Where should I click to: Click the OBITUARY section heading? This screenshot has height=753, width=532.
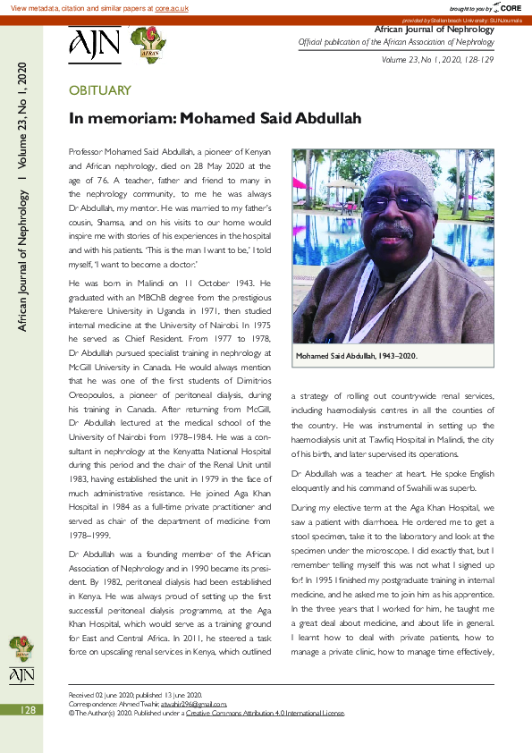[x=100, y=90]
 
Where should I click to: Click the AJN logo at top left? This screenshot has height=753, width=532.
[x=94, y=45]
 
